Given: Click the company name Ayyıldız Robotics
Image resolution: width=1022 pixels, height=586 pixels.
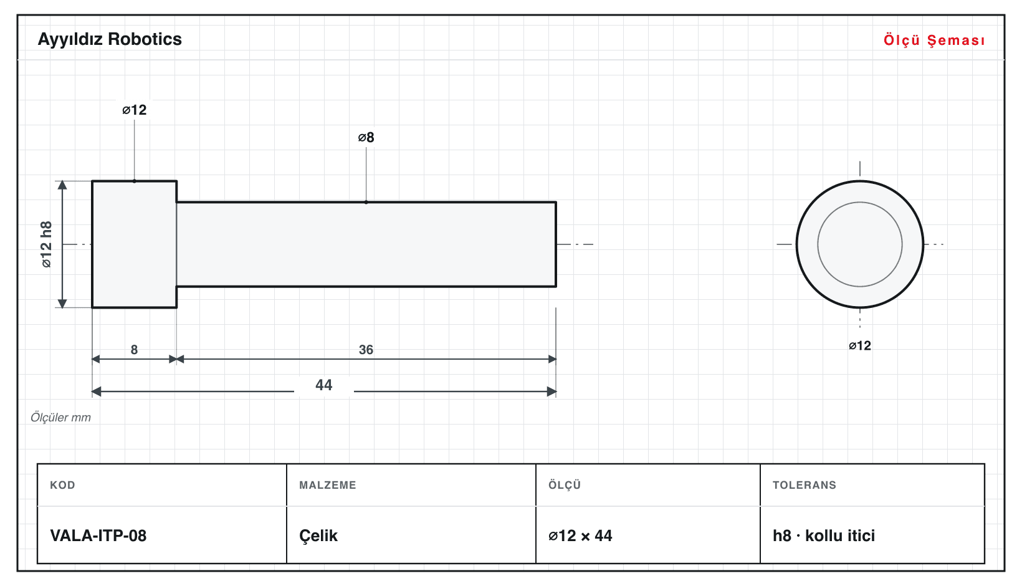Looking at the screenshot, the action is pyautogui.click(x=110, y=40).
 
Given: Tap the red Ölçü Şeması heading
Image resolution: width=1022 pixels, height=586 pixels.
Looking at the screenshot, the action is pyautogui.click(x=934, y=40).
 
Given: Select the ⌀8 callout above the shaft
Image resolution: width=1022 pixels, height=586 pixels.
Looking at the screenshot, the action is pyautogui.click(x=366, y=137).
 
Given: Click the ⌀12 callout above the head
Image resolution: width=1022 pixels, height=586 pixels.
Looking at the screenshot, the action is pyautogui.click(x=134, y=110).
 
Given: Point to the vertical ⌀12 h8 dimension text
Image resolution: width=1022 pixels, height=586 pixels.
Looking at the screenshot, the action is pyautogui.click(x=46, y=244).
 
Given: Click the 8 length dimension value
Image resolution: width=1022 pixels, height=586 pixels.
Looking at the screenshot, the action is pyautogui.click(x=134, y=350).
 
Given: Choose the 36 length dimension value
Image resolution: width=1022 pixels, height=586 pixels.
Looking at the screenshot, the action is pyautogui.click(x=366, y=350).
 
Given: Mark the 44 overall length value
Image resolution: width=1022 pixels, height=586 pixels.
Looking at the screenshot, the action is pyautogui.click(x=324, y=385).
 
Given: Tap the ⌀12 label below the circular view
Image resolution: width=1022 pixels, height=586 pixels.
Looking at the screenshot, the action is pyautogui.click(x=859, y=346).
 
